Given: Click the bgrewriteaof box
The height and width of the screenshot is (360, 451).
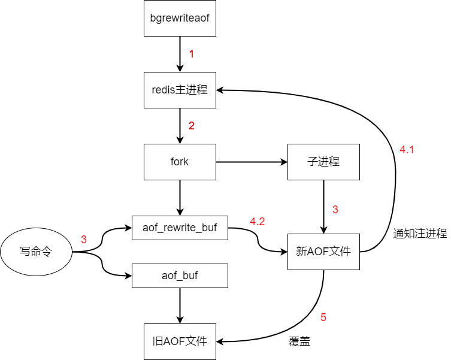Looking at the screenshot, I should pos(180,18).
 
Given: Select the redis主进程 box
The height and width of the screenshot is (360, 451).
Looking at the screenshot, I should pos(180,90).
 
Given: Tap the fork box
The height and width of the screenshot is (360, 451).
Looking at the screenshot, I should pos(180,162).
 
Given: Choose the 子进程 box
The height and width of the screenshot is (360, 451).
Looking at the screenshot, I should pos(323,162).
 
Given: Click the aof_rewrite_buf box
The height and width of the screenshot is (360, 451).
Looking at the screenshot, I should pos(180,228).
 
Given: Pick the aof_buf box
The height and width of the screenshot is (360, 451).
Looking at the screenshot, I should pos(180,276).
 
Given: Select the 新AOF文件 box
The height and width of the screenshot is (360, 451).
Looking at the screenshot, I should pos(323,252).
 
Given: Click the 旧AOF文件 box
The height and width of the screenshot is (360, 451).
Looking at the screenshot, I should pos(180,341).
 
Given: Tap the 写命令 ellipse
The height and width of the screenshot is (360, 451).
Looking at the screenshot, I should pos(36,252).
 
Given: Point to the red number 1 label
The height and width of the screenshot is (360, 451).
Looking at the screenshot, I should pos(192,54).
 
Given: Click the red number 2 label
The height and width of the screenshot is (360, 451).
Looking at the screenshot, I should pos(192,126).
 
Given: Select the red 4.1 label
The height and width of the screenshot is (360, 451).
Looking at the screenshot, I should pos(407,150).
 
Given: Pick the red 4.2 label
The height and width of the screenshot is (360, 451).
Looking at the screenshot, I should pos(258,222).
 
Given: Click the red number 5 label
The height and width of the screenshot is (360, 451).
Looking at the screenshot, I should pos(323,317).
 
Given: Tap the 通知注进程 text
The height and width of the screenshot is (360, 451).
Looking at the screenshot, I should pos(420,234).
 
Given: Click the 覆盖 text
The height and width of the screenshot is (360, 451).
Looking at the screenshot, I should pos(299,342).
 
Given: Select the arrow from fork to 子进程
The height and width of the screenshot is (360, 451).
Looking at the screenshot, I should pos(252,162).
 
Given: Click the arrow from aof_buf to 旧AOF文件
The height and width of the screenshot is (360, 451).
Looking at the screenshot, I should pos(180,305).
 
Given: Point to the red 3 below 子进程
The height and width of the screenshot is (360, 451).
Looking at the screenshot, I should pos(335,210).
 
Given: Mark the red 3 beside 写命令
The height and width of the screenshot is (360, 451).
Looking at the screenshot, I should pos(84,240).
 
